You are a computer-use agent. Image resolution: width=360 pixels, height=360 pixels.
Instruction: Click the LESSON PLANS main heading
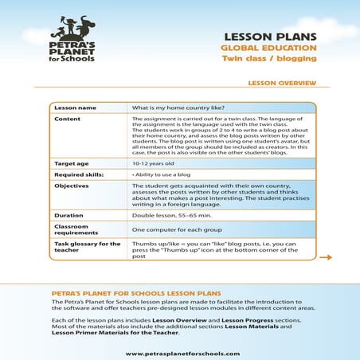(271, 37)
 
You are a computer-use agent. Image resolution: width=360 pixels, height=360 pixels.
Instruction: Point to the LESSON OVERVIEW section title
(283, 83)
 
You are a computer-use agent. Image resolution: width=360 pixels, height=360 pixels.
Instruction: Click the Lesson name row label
(75, 107)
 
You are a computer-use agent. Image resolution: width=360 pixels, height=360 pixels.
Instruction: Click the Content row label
(67, 119)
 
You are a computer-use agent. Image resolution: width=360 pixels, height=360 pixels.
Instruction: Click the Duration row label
(68, 215)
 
